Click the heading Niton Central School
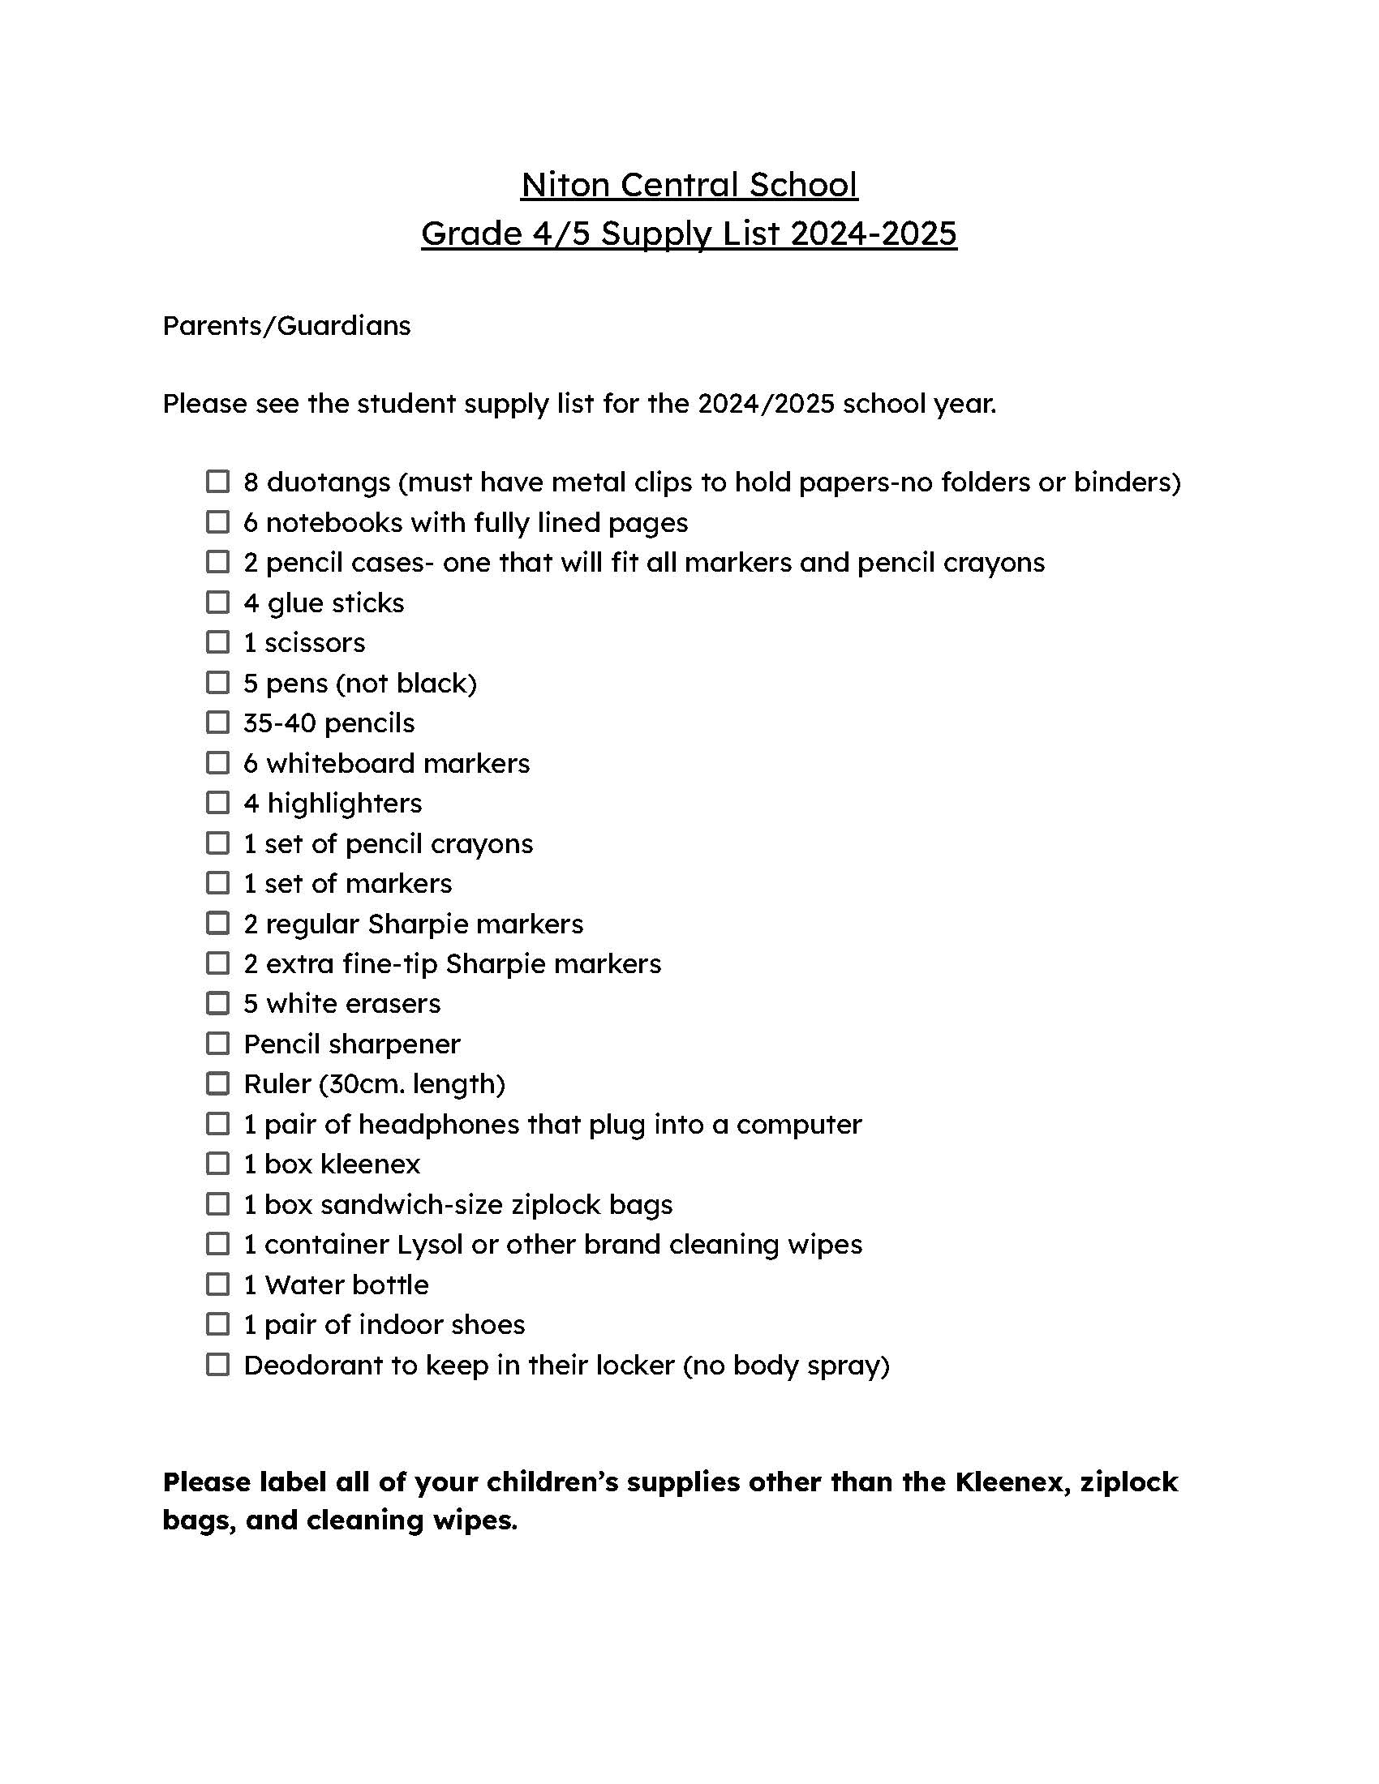pos(689,185)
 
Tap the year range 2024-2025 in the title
pos(874,234)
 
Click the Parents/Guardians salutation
pos(286,326)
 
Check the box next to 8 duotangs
pos(217,481)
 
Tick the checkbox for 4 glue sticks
pos(217,602)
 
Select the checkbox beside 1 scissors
pos(217,642)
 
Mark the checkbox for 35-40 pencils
pos(217,722)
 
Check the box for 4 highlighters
pos(217,802)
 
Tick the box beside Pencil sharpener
pos(217,1043)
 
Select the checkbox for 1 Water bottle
pos(217,1284)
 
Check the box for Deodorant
pos(217,1364)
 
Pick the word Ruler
pos(277,1084)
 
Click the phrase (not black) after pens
pos(406,683)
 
